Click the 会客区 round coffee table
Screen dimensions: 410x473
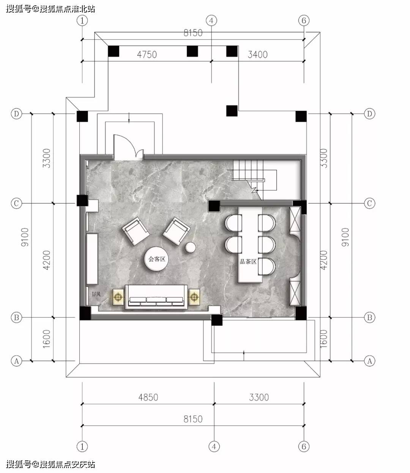coord(157,259)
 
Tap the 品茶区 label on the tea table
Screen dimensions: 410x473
coord(248,262)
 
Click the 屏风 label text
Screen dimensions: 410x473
coord(96,294)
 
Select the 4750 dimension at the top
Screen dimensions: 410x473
coord(147,55)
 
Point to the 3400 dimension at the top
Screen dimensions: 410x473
coord(258,55)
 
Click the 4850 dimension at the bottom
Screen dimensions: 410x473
coord(148,398)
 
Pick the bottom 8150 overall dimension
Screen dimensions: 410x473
coord(193,419)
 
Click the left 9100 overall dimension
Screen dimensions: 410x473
coord(25,237)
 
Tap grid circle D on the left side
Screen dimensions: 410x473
coord(16,114)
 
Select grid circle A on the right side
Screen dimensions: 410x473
coord(369,361)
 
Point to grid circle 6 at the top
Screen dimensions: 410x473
coord(304,20)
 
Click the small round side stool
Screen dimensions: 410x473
coord(190,247)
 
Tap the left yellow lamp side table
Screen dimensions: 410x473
coord(118,297)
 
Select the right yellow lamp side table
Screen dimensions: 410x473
coord(194,297)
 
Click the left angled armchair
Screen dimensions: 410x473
coord(136,231)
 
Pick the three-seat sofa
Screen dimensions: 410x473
coord(156,297)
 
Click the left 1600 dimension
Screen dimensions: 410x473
coord(46,339)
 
